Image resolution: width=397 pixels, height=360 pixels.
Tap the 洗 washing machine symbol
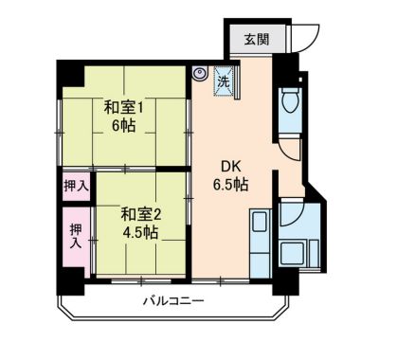coord(224,81)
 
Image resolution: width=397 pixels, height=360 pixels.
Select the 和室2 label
coord(140,214)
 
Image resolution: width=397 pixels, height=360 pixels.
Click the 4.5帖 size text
coord(140,233)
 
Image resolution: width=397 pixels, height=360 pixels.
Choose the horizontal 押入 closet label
coord(76,186)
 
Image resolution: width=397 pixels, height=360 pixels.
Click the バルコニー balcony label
coord(172,300)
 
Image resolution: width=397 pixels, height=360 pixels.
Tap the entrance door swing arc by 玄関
coord(301,35)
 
